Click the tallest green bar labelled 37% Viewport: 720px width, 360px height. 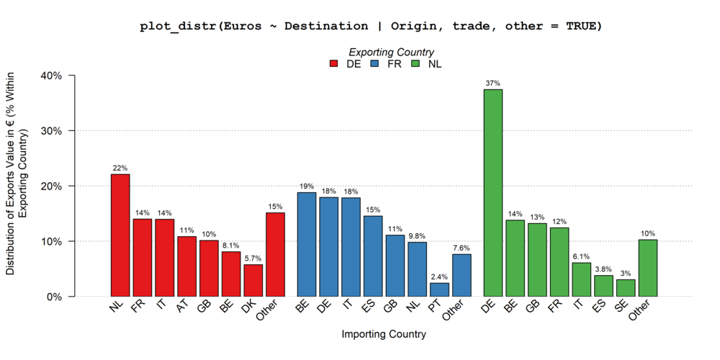click(x=492, y=193)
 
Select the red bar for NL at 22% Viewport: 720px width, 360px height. click(x=120, y=235)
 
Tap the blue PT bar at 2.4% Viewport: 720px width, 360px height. click(x=439, y=289)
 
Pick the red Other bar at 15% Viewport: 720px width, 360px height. click(x=275, y=254)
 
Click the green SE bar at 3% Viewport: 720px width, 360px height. click(x=626, y=288)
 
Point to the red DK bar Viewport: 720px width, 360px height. click(x=253, y=280)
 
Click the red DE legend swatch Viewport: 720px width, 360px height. click(x=334, y=63)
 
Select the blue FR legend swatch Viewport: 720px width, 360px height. click(x=374, y=63)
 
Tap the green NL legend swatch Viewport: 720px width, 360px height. click(x=415, y=63)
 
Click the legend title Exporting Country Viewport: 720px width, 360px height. click(x=391, y=52)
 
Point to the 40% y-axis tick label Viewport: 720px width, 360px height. click(x=55, y=76)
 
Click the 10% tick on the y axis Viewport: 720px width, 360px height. click(x=55, y=241)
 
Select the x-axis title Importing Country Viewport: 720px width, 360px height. click(x=384, y=334)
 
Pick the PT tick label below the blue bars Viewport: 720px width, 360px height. click(x=435, y=308)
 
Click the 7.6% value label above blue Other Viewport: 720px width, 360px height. click(x=462, y=248)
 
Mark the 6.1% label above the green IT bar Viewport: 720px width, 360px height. click(x=581, y=256)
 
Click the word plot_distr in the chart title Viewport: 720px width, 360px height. click(x=178, y=26)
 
